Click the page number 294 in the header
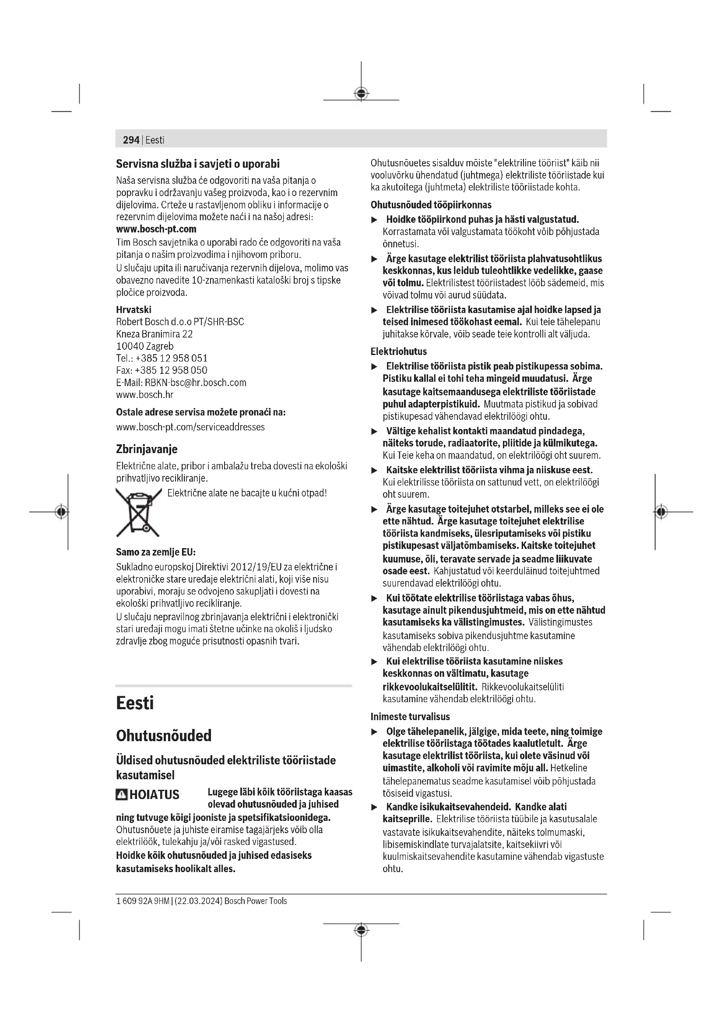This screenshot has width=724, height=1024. [131, 140]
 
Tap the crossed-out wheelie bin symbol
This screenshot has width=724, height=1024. [138, 512]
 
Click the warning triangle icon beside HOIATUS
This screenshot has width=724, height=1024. [121, 795]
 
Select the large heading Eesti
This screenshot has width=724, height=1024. [135, 704]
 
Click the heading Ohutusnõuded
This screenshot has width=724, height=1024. [164, 735]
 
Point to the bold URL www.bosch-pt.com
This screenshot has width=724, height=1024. [156, 229]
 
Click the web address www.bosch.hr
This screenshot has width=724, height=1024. [144, 395]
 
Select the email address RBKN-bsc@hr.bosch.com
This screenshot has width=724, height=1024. [195, 383]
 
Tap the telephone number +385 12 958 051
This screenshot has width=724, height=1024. [172, 359]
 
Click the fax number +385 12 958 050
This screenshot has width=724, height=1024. [171, 371]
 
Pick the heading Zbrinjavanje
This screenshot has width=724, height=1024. [147, 449]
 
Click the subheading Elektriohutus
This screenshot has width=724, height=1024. [399, 352]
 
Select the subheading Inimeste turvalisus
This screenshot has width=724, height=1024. [410, 717]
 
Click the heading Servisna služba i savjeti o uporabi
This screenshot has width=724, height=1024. [198, 164]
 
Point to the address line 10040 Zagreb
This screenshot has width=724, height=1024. [145, 347]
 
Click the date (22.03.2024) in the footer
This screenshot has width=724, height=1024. [198, 901]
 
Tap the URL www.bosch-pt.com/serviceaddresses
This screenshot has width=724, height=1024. [190, 427]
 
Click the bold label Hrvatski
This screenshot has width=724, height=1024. [134, 310]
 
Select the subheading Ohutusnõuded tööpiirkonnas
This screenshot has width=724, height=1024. [431, 205]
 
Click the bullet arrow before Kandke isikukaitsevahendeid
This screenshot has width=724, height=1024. [375, 807]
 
